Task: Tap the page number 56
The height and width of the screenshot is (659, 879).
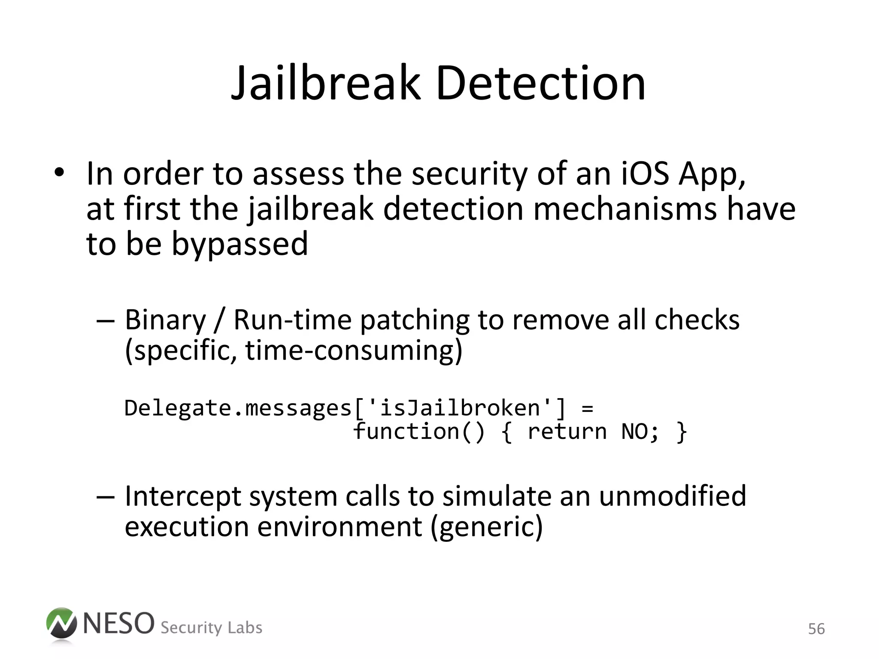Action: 816,629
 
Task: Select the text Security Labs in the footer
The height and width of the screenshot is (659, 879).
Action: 211,628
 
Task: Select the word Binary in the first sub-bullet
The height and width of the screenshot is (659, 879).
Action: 165,320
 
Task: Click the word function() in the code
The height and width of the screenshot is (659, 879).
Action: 419,432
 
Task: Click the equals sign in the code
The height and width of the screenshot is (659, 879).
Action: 587,408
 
